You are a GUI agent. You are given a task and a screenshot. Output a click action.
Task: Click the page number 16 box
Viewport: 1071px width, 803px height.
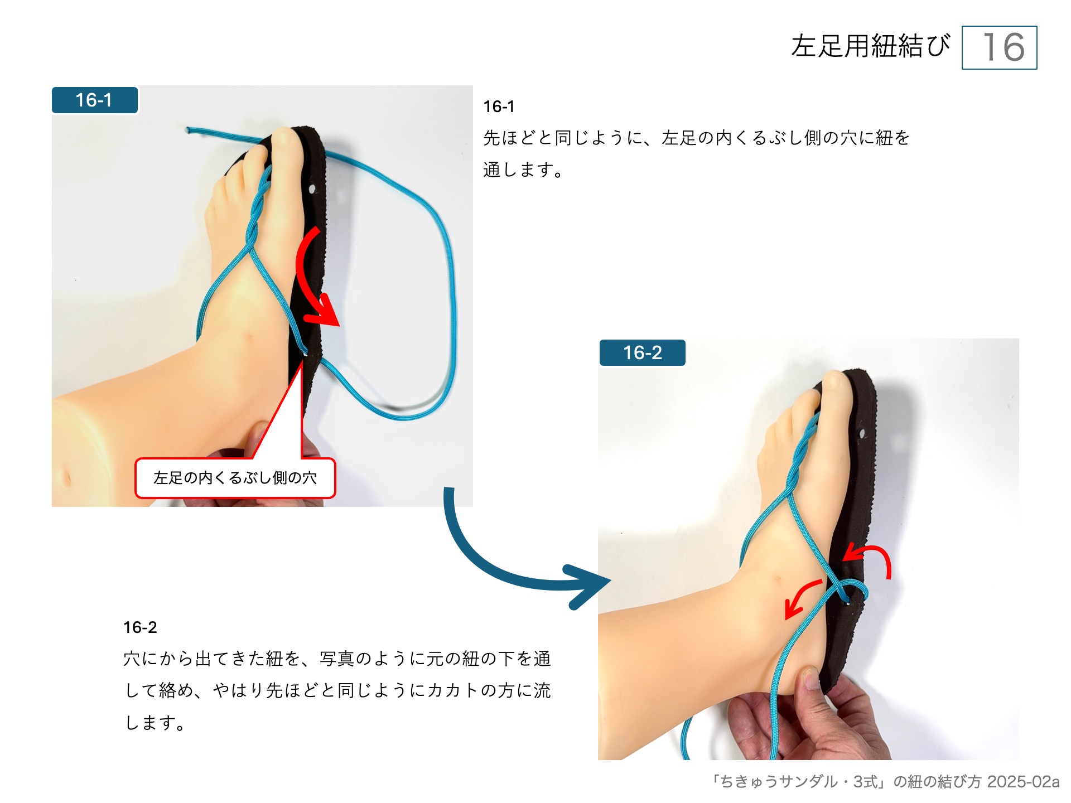[x=999, y=47]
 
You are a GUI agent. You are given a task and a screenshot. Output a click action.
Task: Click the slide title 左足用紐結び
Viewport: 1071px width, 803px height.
[x=870, y=46]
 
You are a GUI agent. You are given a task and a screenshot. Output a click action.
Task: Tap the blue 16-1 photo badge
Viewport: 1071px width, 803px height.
[x=94, y=100]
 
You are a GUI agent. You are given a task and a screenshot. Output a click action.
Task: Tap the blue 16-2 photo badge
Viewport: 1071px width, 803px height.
[x=642, y=352]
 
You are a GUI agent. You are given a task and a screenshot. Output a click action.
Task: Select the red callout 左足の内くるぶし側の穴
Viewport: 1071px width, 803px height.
[x=235, y=478]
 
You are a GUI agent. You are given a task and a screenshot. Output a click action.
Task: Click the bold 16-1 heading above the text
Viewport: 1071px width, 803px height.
[x=499, y=107]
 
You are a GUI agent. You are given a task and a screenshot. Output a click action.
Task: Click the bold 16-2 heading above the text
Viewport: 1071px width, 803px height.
[x=140, y=627]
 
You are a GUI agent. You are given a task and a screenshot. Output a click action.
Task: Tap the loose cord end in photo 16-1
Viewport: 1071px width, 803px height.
[x=188, y=130]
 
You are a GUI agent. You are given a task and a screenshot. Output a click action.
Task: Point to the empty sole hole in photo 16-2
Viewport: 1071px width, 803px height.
[x=862, y=433]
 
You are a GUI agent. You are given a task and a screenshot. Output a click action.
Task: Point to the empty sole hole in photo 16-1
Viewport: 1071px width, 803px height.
[x=312, y=189]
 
